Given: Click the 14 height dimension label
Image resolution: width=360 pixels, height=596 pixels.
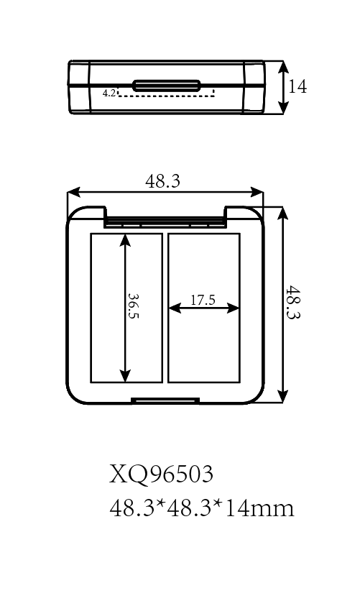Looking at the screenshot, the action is (297, 87).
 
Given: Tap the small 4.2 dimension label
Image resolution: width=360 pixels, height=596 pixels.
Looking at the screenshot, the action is (109, 93).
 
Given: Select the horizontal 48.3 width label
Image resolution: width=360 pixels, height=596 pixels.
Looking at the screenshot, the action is (162, 181).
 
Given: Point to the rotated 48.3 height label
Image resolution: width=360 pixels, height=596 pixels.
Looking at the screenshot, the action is (292, 302).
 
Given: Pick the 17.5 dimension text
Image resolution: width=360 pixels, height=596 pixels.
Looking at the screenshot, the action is (203, 300).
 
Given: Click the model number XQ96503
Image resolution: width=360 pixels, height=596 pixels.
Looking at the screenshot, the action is (162, 474).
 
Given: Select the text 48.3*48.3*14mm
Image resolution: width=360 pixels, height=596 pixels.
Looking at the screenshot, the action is (202, 508).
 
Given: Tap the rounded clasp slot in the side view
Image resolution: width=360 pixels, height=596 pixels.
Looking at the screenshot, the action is (166, 86).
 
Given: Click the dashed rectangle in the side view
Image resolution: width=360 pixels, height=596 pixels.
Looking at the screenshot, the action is (166, 92).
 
